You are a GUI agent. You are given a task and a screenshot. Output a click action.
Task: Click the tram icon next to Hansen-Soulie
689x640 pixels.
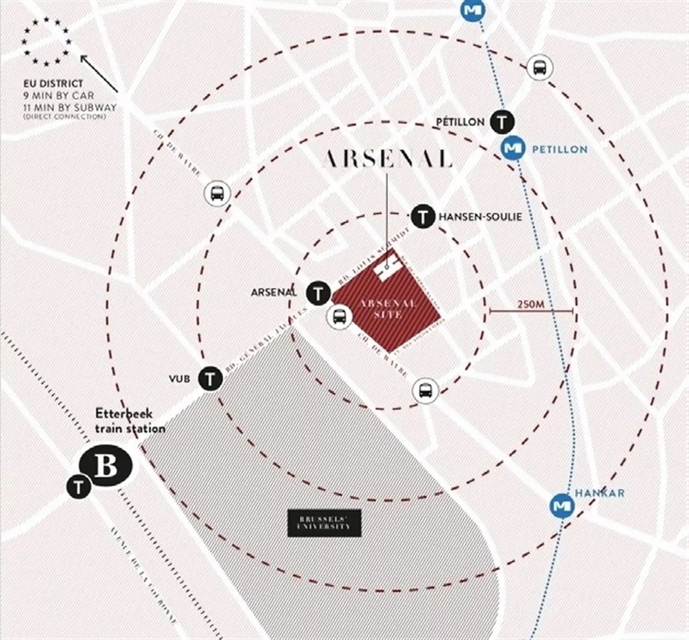423,217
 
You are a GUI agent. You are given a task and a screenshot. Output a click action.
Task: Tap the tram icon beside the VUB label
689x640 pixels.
211,378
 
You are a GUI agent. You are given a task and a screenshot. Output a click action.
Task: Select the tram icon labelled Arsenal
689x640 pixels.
318,293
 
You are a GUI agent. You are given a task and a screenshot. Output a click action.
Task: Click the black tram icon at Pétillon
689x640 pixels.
502,122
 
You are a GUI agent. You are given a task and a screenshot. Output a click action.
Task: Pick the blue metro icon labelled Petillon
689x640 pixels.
512,148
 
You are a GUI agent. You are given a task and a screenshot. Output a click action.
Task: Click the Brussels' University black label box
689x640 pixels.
325,523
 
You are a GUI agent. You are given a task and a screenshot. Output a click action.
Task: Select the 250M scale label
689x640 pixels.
531,304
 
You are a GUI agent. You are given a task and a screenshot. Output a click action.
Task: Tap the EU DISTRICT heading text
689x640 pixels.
53,83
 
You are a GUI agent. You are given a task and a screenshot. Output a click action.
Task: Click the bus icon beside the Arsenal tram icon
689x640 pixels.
339,316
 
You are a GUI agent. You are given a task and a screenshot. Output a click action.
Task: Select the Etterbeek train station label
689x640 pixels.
129,421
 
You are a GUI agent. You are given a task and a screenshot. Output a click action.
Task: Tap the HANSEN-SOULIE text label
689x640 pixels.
480,217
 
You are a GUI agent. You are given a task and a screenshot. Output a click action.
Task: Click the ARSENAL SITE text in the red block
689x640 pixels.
388,309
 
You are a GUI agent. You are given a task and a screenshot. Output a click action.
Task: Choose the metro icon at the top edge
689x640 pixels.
473,10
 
